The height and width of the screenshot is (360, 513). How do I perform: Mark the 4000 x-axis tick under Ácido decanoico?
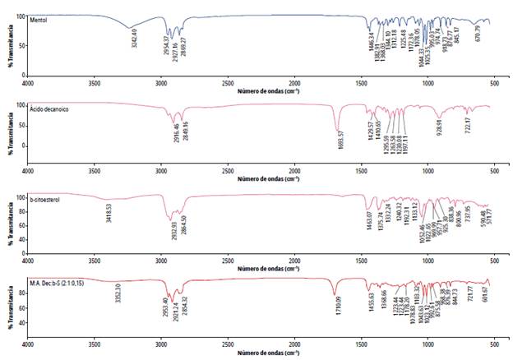26,170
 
